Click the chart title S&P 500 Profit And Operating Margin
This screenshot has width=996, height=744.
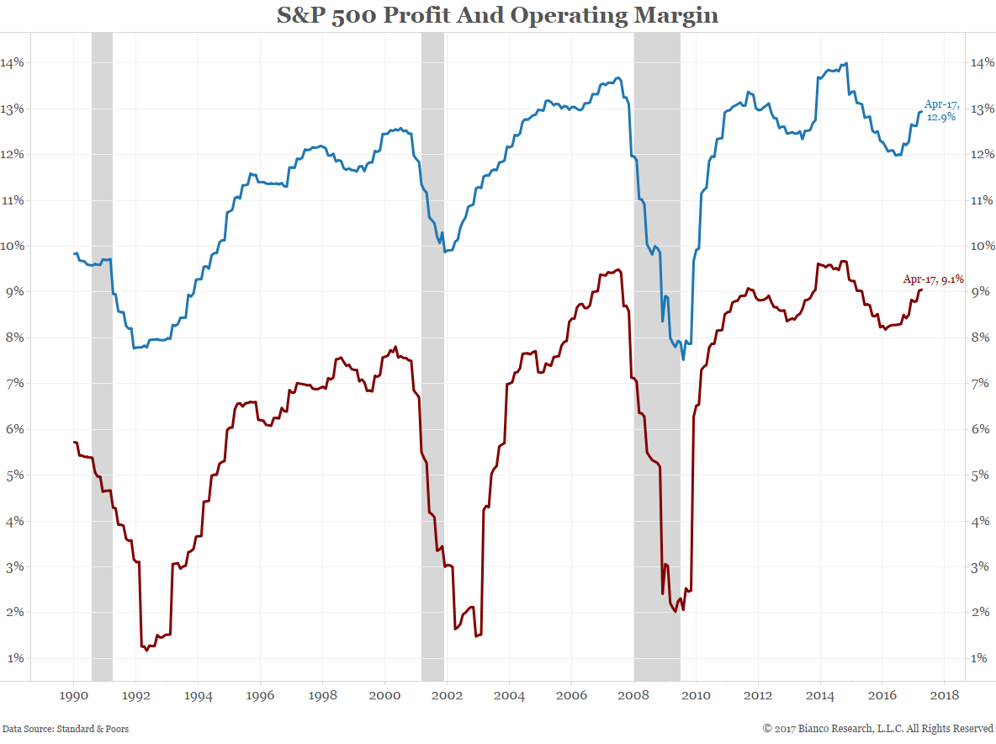(498, 15)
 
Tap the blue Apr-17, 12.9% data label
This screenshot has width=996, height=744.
(941, 110)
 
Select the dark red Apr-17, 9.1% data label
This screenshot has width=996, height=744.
(933, 279)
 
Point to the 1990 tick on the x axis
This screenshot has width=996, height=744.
(74, 696)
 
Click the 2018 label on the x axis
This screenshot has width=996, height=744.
(944, 696)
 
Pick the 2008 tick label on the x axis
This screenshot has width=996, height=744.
(633, 696)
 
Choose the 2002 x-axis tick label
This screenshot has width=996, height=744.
(447, 696)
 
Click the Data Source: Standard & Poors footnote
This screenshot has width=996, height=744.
(66, 729)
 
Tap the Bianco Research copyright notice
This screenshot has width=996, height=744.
(878, 729)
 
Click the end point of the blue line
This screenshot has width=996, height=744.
(921, 111)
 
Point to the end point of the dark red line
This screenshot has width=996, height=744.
(921, 290)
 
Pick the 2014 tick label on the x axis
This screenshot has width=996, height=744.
(820, 696)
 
